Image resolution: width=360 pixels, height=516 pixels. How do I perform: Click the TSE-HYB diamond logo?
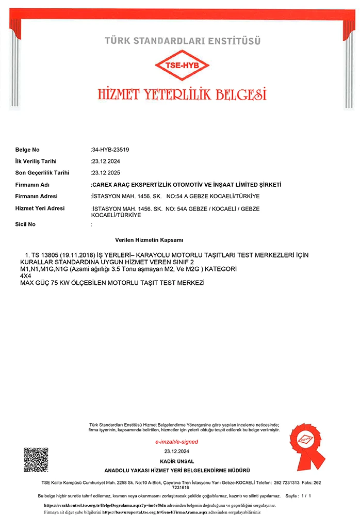pyautogui.click(x=183, y=66)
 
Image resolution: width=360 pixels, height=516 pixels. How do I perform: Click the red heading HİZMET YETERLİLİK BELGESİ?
pyautogui.click(x=182, y=94)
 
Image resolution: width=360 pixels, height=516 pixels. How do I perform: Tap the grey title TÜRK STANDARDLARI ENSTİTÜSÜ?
pyautogui.click(x=183, y=40)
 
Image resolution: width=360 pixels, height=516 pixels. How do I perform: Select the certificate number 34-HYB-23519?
pyautogui.click(x=110, y=150)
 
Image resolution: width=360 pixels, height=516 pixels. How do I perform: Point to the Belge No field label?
pyautogui.click(x=27, y=150)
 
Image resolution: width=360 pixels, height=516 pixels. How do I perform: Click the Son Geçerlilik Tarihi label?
pyautogui.click(x=42, y=173)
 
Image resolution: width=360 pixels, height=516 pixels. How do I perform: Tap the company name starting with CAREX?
pyautogui.click(x=186, y=185)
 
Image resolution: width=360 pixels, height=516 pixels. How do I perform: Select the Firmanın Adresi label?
pyautogui.click(x=37, y=196)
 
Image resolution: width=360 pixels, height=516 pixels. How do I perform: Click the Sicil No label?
pyautogui.click(x=26, y=224)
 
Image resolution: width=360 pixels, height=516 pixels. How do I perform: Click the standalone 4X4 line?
pyautogui.click(x=25, y=277)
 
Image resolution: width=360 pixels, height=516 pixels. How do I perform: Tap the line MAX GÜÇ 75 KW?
pyautogui.click(x=112, y=283)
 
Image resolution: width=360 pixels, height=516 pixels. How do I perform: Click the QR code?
pyautogui.click(x=36, y=460)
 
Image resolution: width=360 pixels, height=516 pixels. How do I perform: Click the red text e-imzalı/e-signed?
pyautogui.click(x=177, y=442)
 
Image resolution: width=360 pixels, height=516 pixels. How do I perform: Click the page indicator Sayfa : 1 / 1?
pyautogui.click(x=298, y=496)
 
